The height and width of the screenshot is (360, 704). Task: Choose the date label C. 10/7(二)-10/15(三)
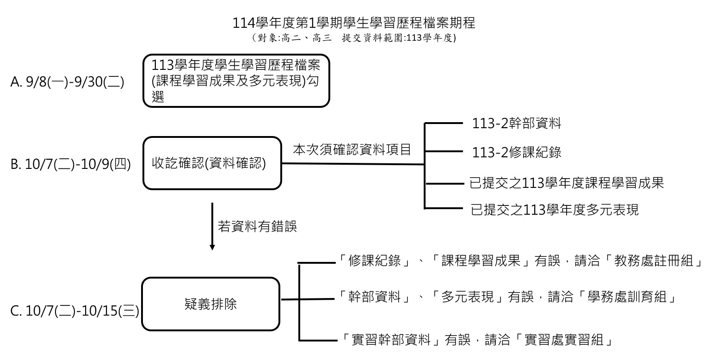pyautogui.click(x=74, y=310)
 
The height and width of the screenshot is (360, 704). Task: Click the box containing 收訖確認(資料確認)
pyautogui.click(x=212, y=163)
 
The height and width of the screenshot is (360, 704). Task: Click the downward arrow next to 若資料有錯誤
pyautogui.click(x=212, y=227)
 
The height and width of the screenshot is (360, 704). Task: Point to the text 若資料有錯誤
pyautogui.click(x=257, y=227)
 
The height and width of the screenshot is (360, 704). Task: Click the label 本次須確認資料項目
pyautogui.click(x=352, y=150)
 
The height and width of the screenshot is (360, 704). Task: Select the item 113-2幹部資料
pyautogui.click(x=517, y=124)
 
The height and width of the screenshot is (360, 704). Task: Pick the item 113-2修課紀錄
pyautogui.click(x=517, y=152)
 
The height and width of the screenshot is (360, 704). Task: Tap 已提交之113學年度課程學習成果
pyautogui.click(x=567, y=183)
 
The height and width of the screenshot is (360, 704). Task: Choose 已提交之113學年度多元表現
pyautogui.click(x=554, y=210)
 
